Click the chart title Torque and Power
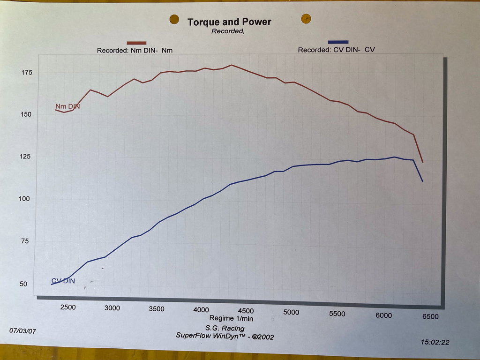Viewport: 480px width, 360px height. [x=229, y=22]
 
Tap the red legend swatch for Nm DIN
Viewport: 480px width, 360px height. [x=136, y=43]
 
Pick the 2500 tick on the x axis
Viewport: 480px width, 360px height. [x=68, y=307]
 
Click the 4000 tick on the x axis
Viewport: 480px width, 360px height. [x=201, y=310]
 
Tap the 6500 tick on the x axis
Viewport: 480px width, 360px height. [x=430, y=316]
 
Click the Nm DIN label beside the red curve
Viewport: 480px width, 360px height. [x=67, y=106]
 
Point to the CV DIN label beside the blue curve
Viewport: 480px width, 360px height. [x=63, y=281]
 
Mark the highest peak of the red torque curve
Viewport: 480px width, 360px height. [x=231, y=65]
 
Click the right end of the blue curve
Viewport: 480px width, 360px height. [x=423, y=181]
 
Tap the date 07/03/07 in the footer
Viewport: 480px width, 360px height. [x=22, y=330]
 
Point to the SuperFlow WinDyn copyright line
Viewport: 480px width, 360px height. [x=225, y=336]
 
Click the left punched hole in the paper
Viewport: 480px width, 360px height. [x=174, y=19]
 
